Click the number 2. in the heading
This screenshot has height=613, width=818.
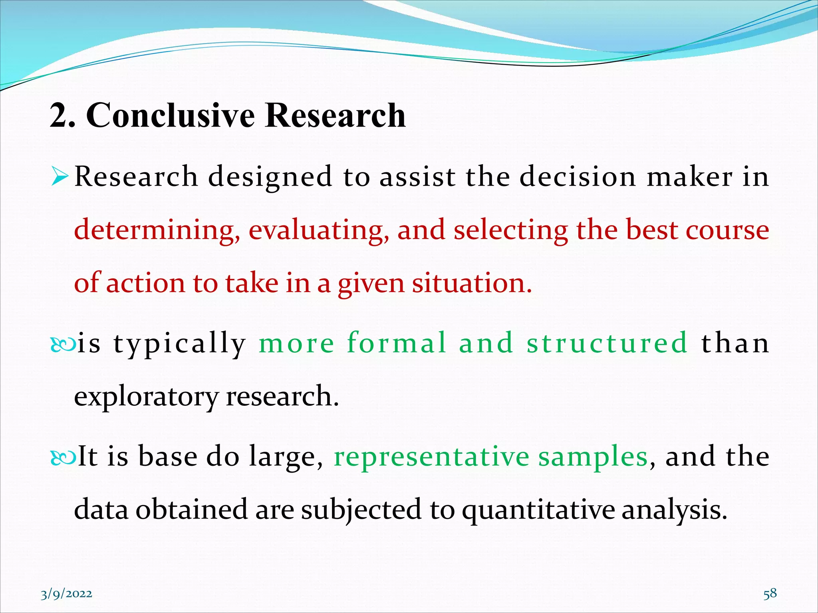pos(62,115)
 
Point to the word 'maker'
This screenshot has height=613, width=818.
pos(690,177)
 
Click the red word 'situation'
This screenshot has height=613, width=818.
pos(472,283)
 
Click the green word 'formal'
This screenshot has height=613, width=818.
pos(396,343)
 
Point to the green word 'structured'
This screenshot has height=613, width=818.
pos(607,343)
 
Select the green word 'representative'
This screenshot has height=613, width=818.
pos(431,457)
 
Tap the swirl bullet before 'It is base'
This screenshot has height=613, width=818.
pos(63,457)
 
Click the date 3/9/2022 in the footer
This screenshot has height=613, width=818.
pos(66,594)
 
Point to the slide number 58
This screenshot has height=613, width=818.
pos(770,593)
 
